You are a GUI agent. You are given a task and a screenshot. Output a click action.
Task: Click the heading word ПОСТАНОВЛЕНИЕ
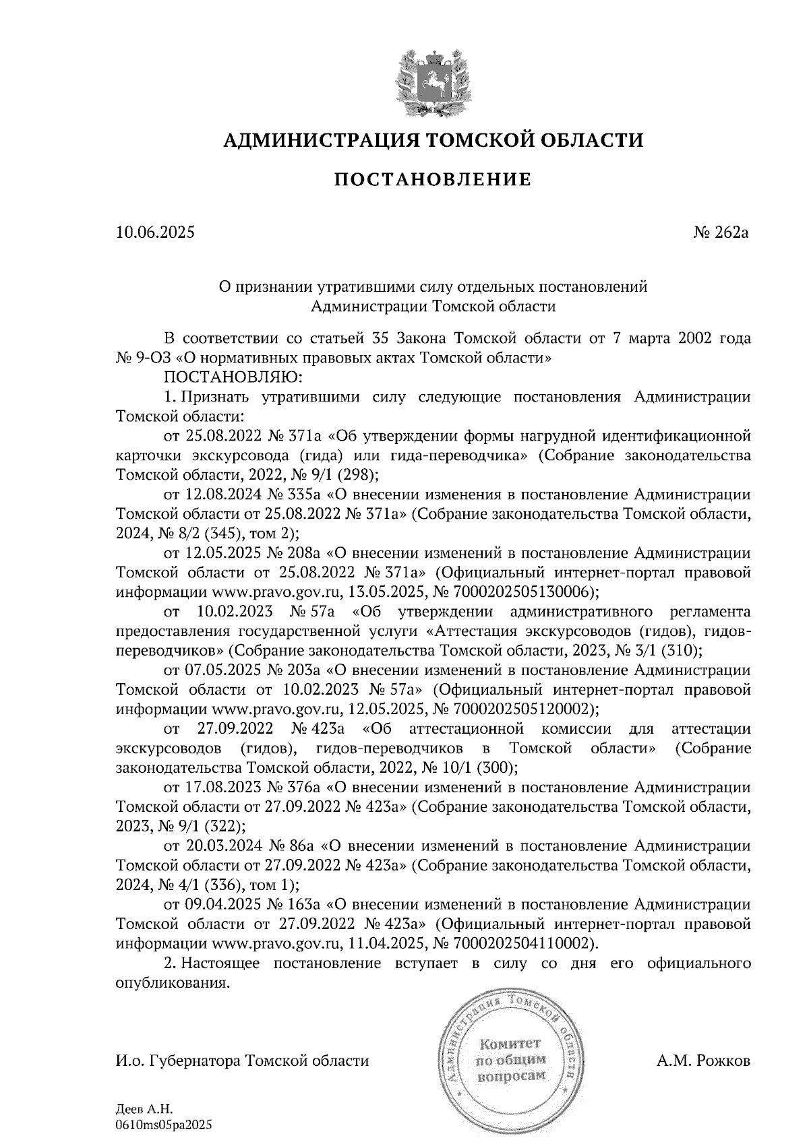coord(433,180)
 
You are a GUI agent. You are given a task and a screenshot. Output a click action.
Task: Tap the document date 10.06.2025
coord(155,233)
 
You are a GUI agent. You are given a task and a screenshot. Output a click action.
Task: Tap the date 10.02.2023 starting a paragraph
coord(234,612)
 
